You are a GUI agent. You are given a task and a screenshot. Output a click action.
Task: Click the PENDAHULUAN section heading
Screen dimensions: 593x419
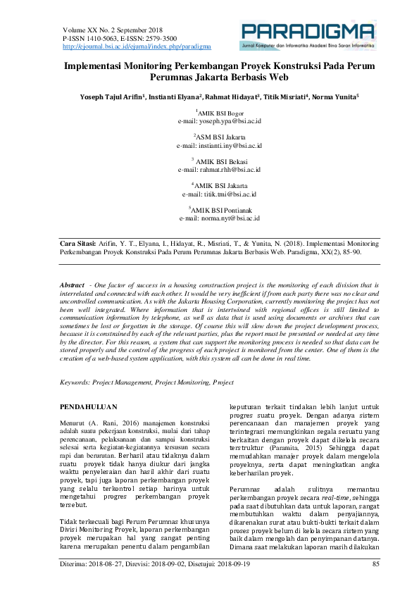88,407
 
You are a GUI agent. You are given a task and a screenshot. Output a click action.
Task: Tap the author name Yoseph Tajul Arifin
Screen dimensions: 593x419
112,96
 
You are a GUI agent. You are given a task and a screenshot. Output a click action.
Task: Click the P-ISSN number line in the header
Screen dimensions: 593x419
120,38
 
